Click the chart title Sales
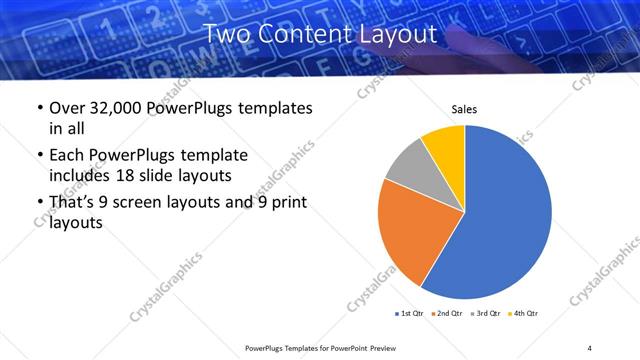[x=464, y=109]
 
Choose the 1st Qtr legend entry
[x=410, y=314]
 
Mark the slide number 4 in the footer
[x=590, y=347]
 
